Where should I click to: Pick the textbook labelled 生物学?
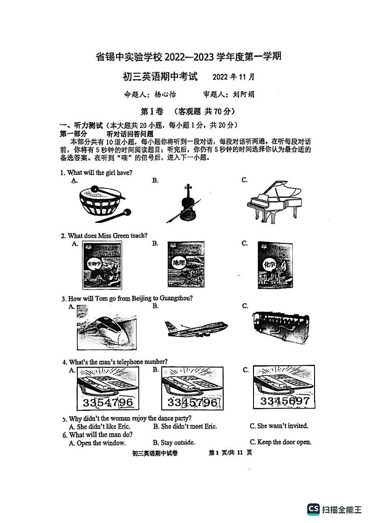click(101, 266)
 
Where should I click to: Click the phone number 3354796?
click(108, 402)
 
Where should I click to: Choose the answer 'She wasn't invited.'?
click(279, 426)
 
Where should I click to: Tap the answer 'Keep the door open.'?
click(281, 443)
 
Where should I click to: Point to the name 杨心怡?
click(165, 94)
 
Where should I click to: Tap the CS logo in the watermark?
click(313, 509)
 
